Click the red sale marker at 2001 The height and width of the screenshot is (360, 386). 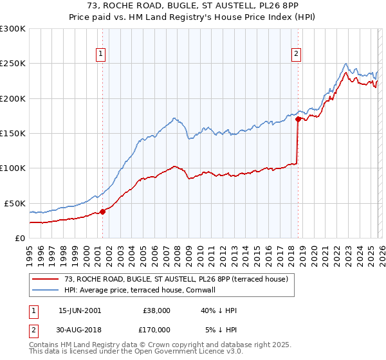pyautogui.click(x=102, y=212)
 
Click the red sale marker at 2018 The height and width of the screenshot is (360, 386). pyautogui.click(x=298, y=119)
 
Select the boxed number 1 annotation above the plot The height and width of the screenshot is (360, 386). pyautogui.click(x=102, y=55)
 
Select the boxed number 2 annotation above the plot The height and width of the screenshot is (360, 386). pyautogui.click(x=297, y=55)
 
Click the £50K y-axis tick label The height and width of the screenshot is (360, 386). pyautogui.click(x=15, y=203)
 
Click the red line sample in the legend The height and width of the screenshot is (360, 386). pyautogui.click(x=45, y=279)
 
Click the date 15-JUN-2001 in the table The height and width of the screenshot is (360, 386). pyautogui.click(x=79, y=310)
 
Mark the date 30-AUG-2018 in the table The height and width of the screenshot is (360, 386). pyautogui.click(x=79, y=330)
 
